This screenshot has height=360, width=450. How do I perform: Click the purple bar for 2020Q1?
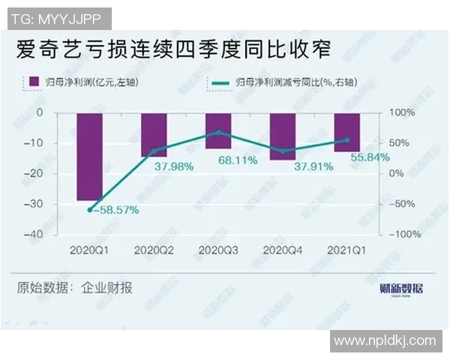pyautogui.click(x=90, y=157)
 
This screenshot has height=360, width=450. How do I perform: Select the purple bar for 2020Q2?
pyautogui.click(x=154, y=135)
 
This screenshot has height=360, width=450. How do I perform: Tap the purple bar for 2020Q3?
pyautogui.click(x=219, y=130)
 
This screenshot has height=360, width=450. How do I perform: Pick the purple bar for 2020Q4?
pyautogui.click(x=283, y=136)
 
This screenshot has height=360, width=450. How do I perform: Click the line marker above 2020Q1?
pyautogui.click(x=90, y=210)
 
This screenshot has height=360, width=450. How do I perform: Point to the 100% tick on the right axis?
pyautogui.click(x=400, y=112)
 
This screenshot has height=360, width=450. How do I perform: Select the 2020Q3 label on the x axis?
pyautogui.click(x=219, y=249)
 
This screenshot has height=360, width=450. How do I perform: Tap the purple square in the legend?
pyautogui.click(x=32, y=81)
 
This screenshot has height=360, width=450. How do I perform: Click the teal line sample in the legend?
pyautogui.click(x=221, y=81)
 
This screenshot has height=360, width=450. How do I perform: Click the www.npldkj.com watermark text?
pyautogui.click(x=385, y=340)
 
